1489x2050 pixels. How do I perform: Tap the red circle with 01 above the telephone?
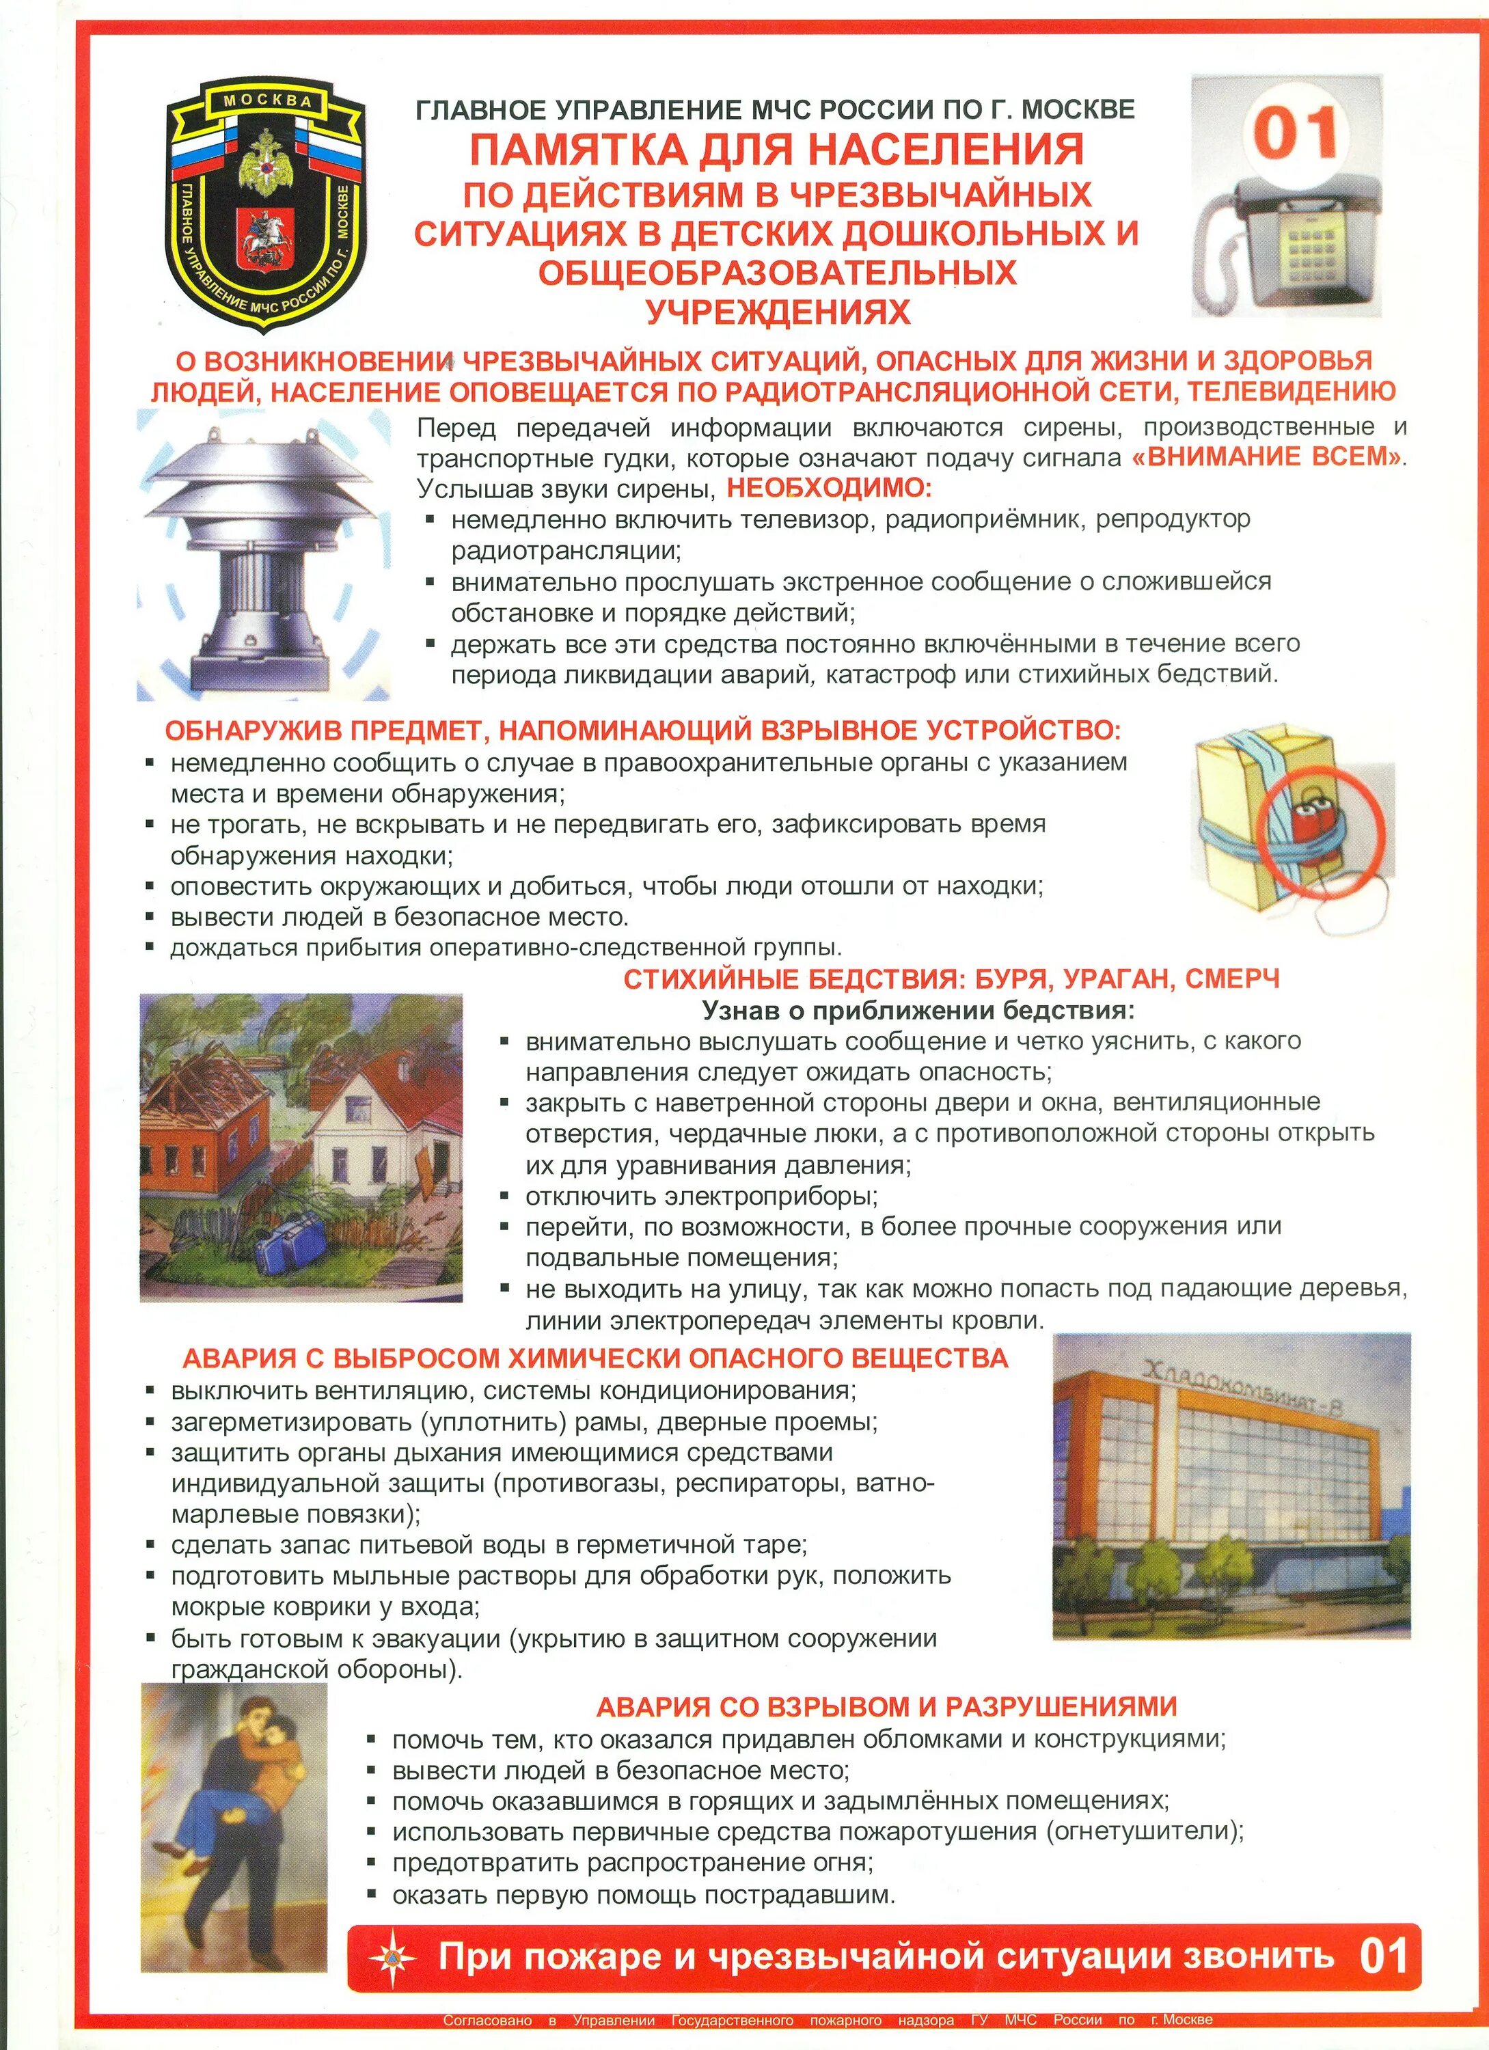click(1295, 134)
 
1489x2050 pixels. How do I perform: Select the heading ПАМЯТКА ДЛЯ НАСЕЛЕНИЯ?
click(776, 149)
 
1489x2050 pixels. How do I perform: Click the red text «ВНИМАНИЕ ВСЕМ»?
click(1268, 456)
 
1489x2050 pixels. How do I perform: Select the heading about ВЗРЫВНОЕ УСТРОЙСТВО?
click(642, 729)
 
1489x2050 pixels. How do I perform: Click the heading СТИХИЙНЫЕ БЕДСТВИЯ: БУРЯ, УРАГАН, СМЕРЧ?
click(951, 979)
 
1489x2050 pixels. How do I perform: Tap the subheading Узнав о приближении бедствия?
click(918, 1010)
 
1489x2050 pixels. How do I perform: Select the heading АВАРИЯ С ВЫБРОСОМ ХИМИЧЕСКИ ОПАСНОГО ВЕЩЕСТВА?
click(595, 1358)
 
